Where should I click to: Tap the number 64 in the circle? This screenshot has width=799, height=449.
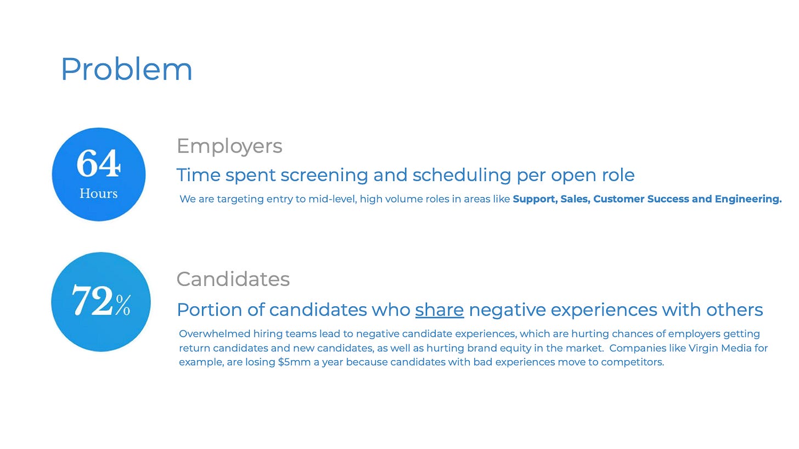click(x=98, y=163)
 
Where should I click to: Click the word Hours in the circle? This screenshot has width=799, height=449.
click(x=98, y=193)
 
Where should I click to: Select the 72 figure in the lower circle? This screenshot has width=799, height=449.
click(x=93, y=300)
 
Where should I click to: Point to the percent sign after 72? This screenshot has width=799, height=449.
click(x=123, y=305)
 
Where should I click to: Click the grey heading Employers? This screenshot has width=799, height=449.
click(x=229, y=146)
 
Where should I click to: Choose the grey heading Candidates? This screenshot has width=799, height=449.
click(x=233, y=279)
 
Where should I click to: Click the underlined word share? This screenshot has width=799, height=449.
click(x=440, y=310)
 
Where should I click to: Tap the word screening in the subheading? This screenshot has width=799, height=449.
click(x=324, y=175)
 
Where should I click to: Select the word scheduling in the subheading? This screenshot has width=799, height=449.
click(x=462, y=175)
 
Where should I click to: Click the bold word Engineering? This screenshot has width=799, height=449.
click(x=748, y=199)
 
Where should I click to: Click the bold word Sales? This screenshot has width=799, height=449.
click(x=575, y=199)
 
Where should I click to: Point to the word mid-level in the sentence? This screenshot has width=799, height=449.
click(x=333, y=199)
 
